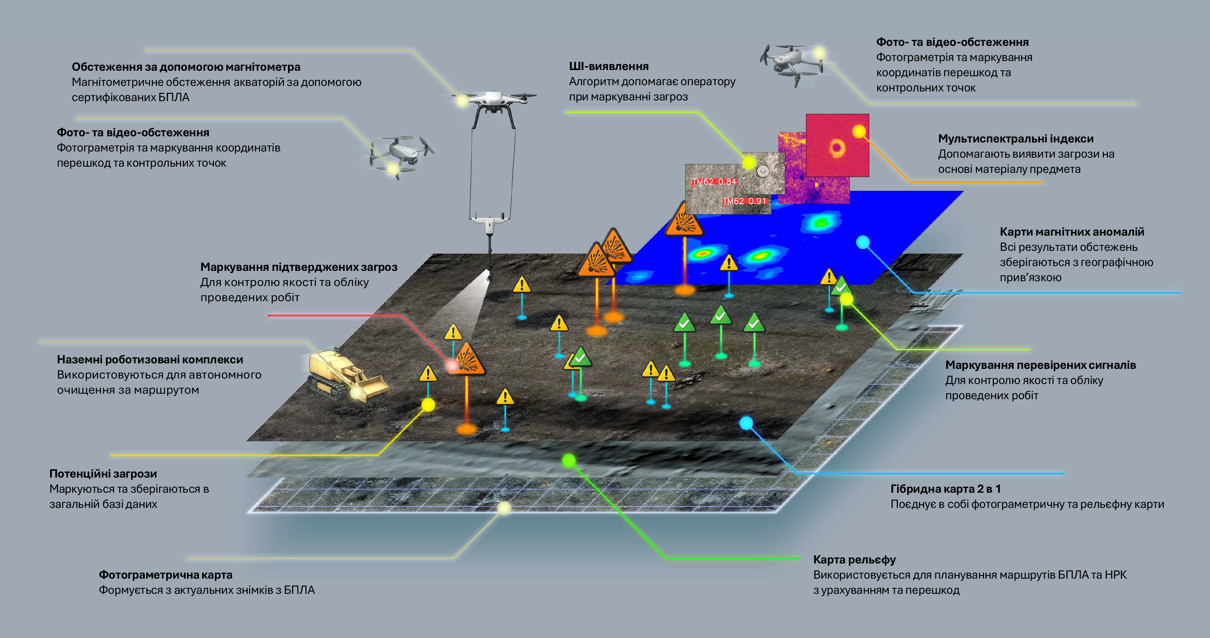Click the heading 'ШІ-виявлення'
click(608, 66)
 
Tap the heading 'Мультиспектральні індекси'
click(1015, 139)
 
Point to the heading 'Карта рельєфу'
click(854, 560)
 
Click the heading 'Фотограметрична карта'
click(165, 575)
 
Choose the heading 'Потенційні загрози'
click(103, 473)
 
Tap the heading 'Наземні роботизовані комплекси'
click(150, 360)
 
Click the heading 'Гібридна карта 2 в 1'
click(945, 489)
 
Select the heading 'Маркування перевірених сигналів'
click(1040, 365)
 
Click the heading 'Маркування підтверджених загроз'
click(299, 267)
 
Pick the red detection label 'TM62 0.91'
click(745, 201)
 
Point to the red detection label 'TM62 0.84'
click(714, 181)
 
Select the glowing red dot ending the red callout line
click(452, 365)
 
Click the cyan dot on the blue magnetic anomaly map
click(863, 243)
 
